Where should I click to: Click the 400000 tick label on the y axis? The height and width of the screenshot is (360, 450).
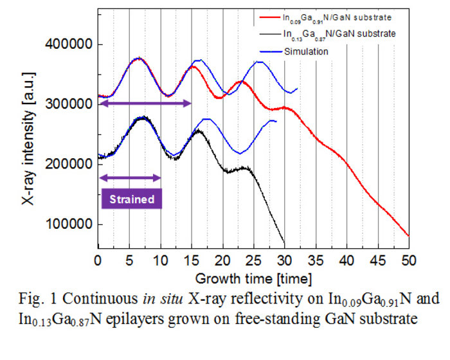(x=67, y=45)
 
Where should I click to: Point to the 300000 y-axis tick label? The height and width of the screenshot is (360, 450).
(x=67, y=105)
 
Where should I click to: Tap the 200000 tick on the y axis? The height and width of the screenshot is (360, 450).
(x=67, y=165)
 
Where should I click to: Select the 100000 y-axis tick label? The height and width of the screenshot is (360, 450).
(x=67, y=224)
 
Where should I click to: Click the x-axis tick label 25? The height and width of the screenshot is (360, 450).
(x=253, y=261)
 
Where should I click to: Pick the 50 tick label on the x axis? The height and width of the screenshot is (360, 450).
(x=409, y=261)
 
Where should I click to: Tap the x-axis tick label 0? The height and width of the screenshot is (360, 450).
(x=98, y=261)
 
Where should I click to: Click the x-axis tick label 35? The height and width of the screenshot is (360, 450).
(x=316, y=261)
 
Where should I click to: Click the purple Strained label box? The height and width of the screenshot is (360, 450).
(x=130, y=199)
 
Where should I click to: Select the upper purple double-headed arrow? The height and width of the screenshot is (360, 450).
(x=144, y=103)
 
